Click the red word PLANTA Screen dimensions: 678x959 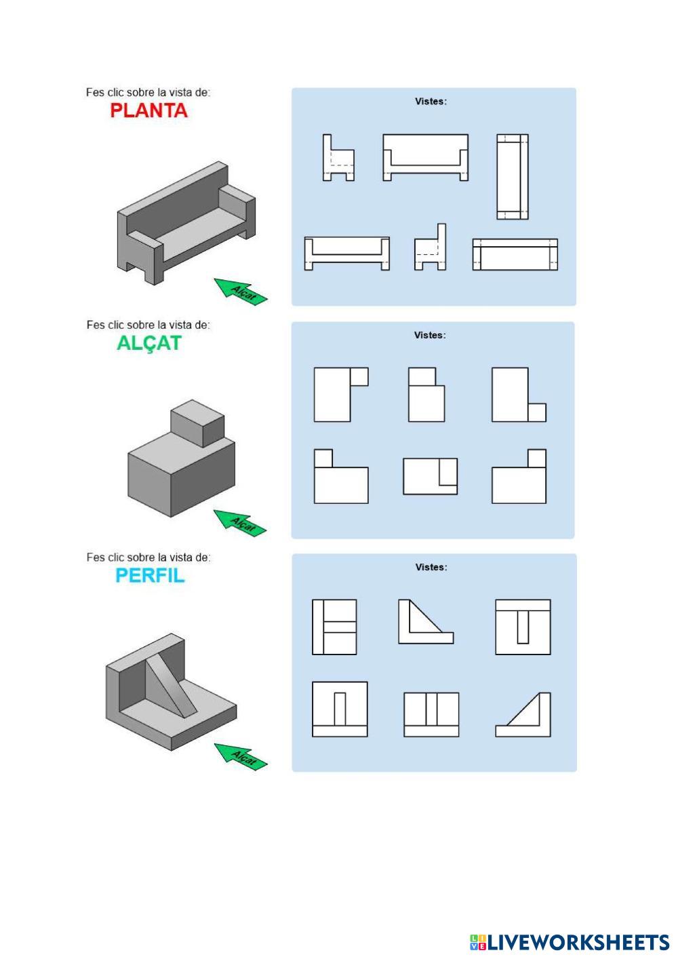(148, 111)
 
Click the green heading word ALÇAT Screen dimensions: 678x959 (149, 343)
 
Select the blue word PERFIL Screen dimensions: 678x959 (150, 576)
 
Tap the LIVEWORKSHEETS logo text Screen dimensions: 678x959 (570, 942)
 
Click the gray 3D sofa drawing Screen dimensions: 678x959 (186, 222)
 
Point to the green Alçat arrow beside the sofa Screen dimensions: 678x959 (241, 292)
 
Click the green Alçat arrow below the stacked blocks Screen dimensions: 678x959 (240, 523)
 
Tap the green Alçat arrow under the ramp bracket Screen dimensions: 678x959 (241, 756)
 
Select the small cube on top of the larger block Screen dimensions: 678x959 (197, 423)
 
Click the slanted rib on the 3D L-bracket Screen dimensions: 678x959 (172, 687)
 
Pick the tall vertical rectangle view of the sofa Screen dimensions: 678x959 (513, 177)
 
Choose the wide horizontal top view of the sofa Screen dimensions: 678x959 (515, 254)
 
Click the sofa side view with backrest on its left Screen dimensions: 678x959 (338, 157)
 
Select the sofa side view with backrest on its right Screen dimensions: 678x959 (430, 247)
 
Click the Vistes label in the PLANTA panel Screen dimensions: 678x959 (431, 102)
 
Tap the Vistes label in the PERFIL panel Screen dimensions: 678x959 (431, 567)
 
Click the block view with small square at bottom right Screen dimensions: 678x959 (519, 395)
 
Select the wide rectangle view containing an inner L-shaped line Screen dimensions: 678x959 (430, 477)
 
